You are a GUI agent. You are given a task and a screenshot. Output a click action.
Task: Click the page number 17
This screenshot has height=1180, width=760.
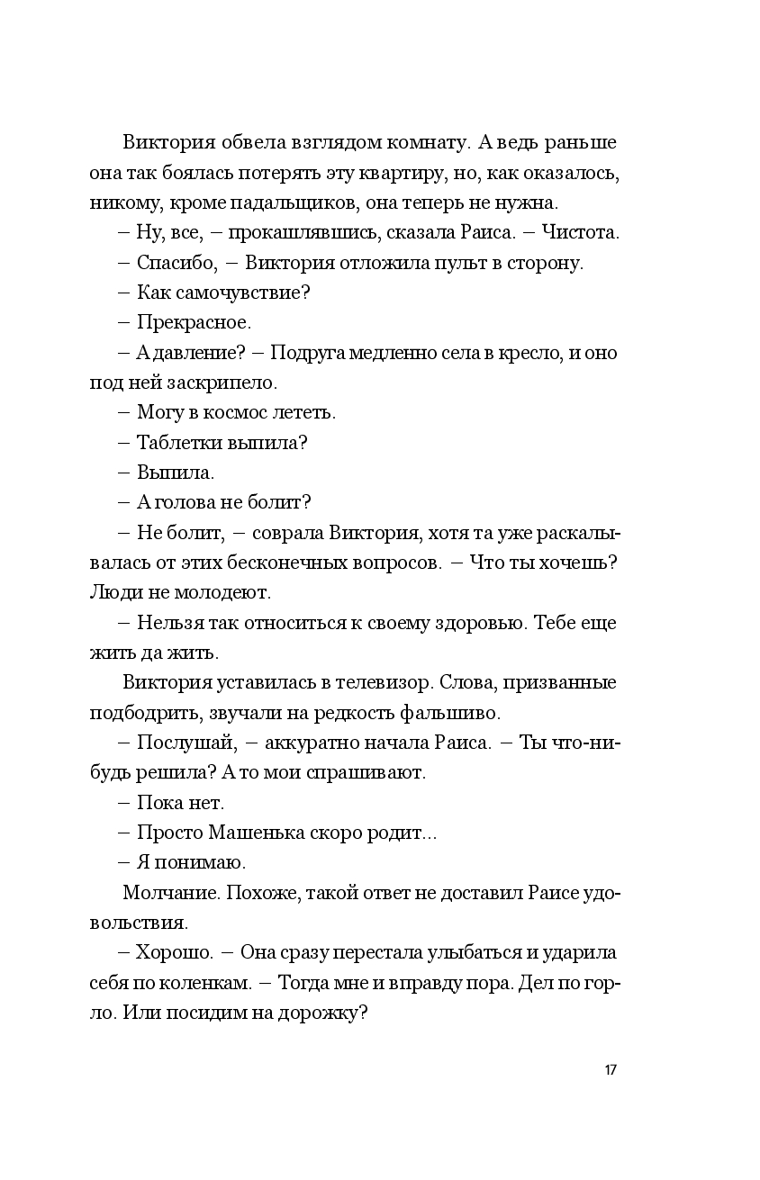tap(611, 1070)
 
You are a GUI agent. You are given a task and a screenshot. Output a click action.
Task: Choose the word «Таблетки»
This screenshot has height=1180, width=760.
tap(176, 443)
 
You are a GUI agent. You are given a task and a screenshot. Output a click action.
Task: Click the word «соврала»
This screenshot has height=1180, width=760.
tap(286, 533)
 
